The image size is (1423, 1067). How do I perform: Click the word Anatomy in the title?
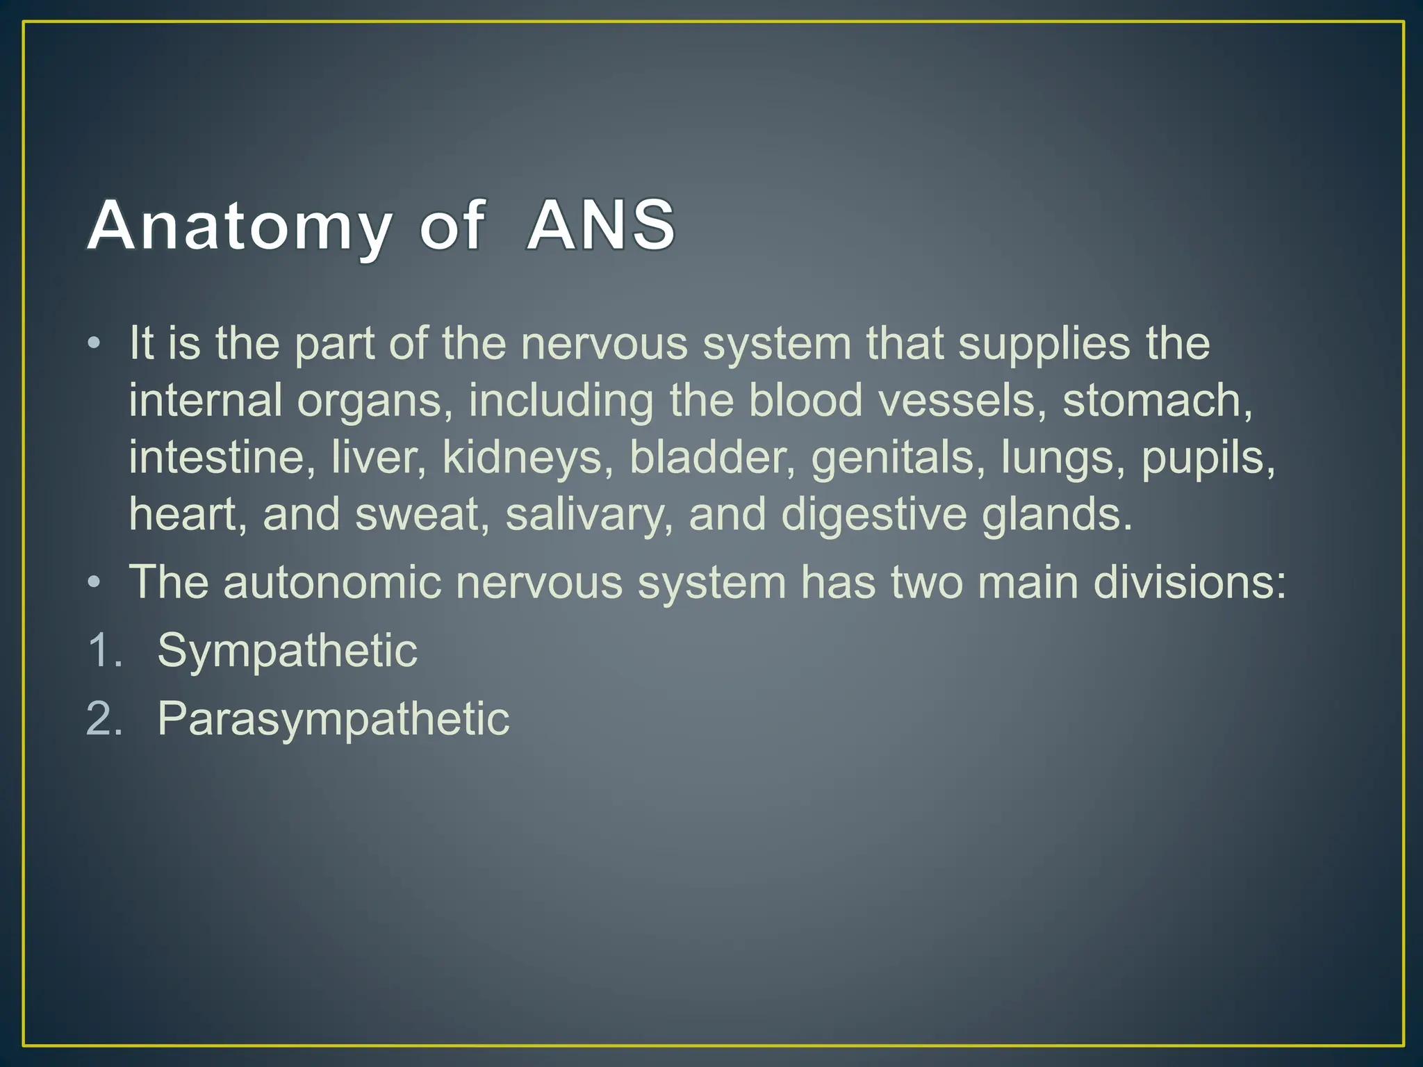[x=239, y=226]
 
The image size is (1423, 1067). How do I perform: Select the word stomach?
[x=1157, y=401]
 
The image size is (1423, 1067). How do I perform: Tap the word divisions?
[x=1190, y=582]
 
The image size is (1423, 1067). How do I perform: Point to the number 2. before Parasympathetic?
[x=104, y=719]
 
